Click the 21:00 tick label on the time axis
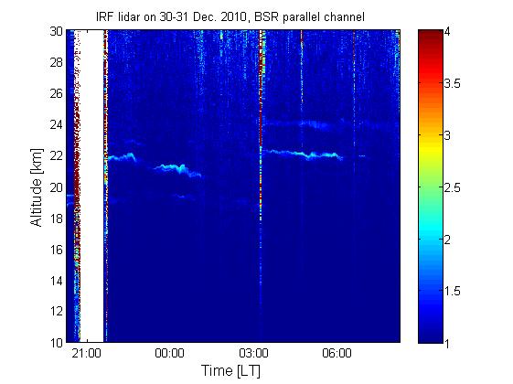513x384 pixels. [87, 354]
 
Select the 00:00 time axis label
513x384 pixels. [170, 354]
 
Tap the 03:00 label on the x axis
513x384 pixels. [253, 354]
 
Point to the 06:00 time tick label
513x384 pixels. [337, 354]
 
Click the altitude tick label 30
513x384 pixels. [56, 31]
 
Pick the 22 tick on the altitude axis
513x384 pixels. [56, 155]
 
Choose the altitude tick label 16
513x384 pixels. [56, 250]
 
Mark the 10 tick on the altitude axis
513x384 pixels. [56, 343]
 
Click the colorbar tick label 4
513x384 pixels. [447, 32]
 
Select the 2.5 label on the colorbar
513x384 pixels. [452, 187]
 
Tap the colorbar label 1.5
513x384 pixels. [452, 291]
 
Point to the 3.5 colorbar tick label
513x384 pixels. [452, 84]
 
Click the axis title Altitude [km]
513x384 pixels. [36, 187]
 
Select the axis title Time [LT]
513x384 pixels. [231, 371]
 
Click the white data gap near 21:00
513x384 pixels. [92, 186]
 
